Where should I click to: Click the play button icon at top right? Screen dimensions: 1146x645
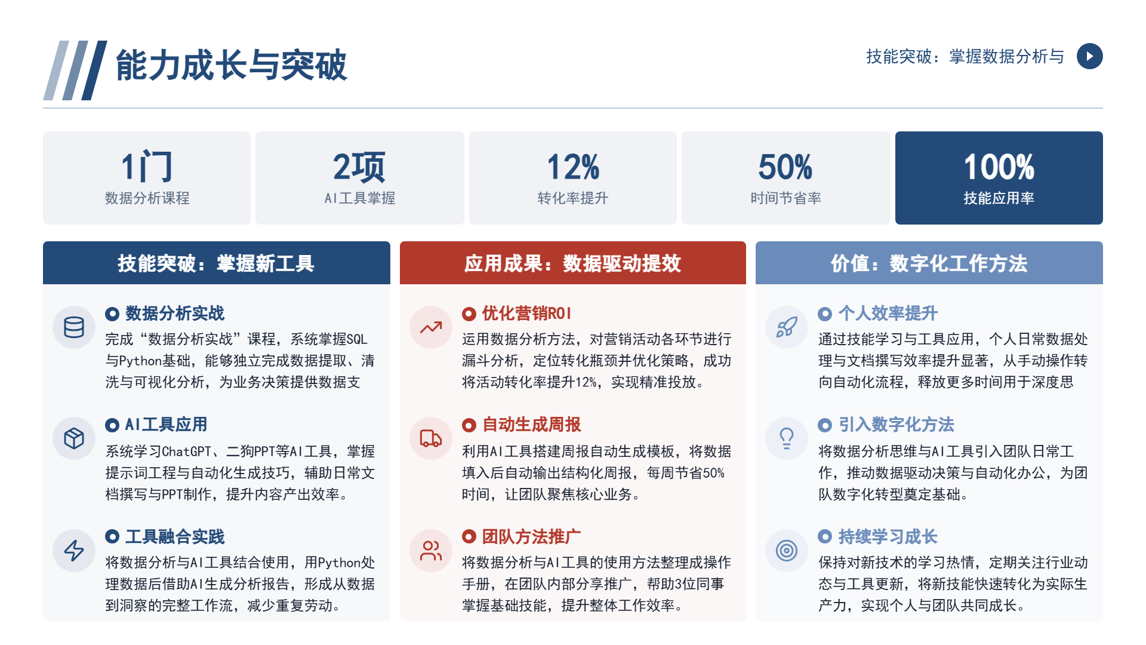(x=1089, y=56)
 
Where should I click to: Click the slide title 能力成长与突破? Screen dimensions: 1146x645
(x=231, y=64)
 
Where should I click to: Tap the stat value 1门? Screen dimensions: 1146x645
(x=147, y=166)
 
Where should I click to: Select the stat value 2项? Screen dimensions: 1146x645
(x=359, y=166)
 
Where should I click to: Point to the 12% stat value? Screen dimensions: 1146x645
(x=573, y=167)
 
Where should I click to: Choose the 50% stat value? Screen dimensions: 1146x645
(x=785, y=167)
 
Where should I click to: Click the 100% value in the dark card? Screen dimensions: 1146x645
(x=999, y=167)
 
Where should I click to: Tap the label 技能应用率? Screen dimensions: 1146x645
(x=999, y=198)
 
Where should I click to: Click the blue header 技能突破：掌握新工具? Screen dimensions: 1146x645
(x=216, y=263)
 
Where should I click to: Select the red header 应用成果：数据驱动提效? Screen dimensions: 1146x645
(x=573, y=263)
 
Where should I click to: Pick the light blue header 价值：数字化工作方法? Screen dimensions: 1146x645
(x=929, y=263)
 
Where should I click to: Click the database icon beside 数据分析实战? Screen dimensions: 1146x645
(x=74, y=327)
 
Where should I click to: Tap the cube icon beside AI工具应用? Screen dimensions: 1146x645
(x=74, y=438)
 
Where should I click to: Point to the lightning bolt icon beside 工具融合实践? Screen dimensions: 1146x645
(x=74, y=550)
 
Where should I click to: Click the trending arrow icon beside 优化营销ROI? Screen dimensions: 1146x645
(x=431, y=327)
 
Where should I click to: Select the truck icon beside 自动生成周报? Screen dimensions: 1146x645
(x=431, y=438)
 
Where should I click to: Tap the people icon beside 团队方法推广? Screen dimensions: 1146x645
(x=431, y=550)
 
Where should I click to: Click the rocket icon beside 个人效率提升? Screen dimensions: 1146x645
(x=787, y=327)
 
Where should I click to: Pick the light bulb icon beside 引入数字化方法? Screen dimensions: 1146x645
(x=787, y=438)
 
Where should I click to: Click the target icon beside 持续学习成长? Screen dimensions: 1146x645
(x=787, y=550)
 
